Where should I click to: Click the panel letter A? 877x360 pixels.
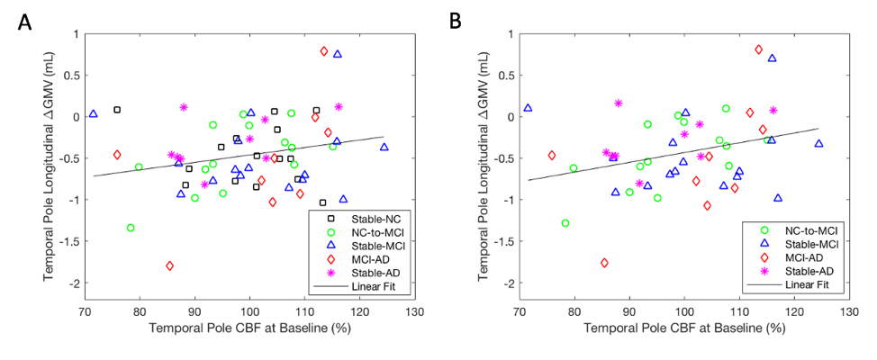24,21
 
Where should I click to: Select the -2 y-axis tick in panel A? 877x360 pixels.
72,283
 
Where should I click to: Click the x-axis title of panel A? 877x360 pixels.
249,328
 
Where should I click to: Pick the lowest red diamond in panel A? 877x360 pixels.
169,265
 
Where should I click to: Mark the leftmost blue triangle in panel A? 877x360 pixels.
93,114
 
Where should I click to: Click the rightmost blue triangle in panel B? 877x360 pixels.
818,143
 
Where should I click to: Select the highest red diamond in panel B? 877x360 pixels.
758,49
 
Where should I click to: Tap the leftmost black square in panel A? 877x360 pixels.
117,110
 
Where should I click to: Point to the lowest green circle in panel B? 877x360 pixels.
565,223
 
